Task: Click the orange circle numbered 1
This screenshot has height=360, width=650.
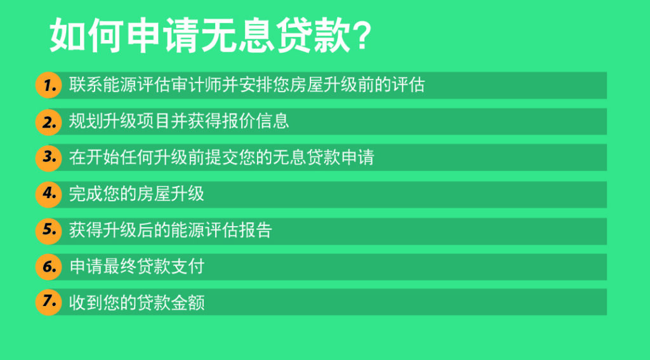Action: click(49, 86)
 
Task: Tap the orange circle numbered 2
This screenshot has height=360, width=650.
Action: click(49, 122)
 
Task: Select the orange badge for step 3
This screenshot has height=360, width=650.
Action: click(49, 157)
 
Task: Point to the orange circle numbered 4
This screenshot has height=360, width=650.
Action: click(49, 194)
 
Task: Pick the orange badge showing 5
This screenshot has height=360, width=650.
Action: click(49, 230)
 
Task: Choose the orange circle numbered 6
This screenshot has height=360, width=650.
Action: click(49, 267)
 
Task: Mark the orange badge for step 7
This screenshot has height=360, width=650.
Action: click(49, 302)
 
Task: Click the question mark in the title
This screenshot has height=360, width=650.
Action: click(361, 36)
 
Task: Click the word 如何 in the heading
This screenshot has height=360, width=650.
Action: click(86, 36)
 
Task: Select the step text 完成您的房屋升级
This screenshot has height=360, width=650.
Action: click(136, 194)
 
